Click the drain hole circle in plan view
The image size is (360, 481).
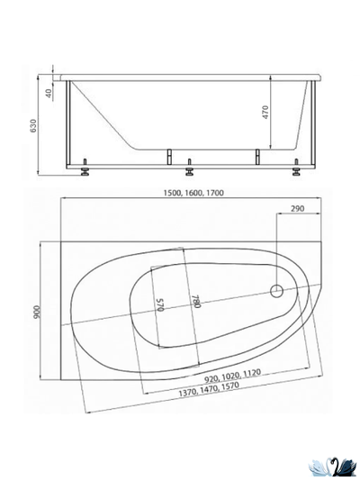click(x=278, y=291)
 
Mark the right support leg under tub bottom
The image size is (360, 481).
click(x=257, y=155)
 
